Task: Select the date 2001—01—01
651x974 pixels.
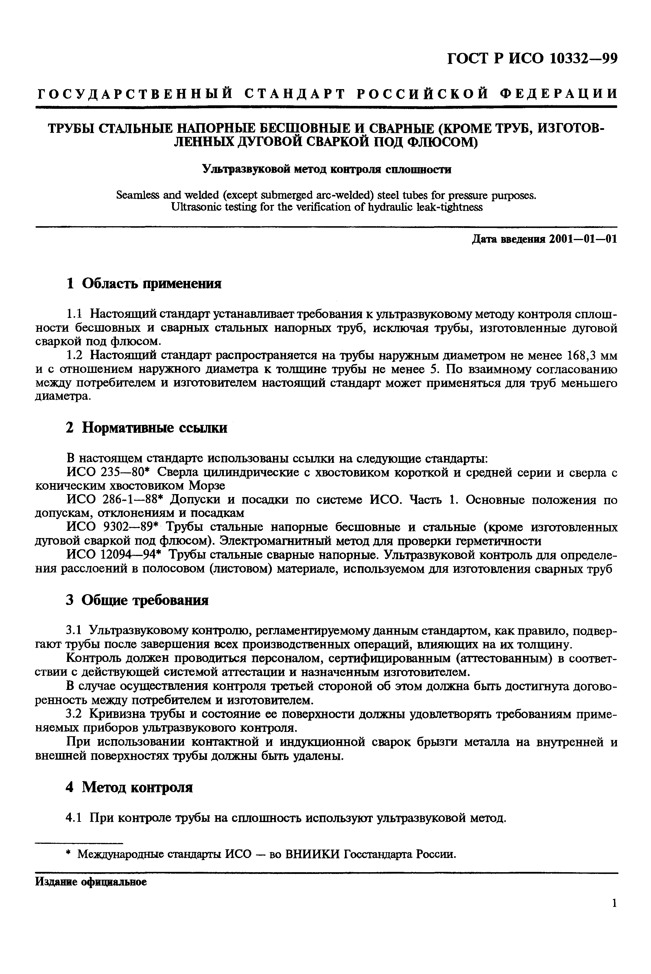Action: point(582,240)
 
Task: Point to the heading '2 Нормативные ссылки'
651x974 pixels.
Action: point(147,428)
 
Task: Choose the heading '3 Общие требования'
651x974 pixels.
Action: point(137,600)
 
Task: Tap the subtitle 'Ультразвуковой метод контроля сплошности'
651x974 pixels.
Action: point(326,170)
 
